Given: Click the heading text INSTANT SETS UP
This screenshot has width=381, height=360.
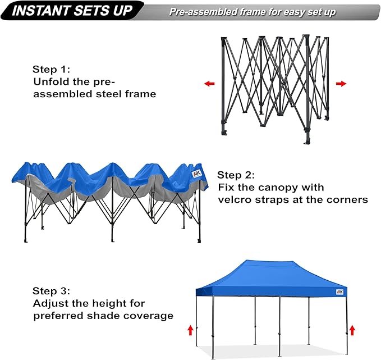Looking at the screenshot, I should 72,11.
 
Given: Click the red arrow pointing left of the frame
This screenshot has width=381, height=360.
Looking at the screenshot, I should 209,84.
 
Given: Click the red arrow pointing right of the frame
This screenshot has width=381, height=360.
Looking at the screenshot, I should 341,84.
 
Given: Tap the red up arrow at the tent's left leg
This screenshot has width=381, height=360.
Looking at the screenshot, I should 190,330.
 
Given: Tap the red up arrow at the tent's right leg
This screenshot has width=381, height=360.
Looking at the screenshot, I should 352,330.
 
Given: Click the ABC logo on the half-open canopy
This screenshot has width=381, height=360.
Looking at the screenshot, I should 196,174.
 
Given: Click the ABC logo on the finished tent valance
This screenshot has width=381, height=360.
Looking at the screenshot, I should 339,292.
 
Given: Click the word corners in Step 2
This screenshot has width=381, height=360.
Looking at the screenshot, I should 348,199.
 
